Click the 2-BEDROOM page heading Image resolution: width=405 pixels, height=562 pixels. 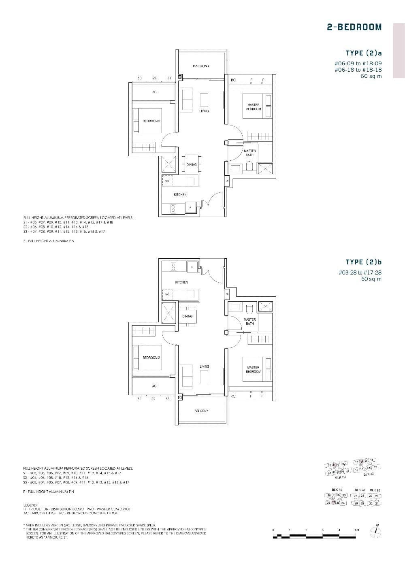pos(354,27)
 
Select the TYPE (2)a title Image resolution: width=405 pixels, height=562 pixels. pos(364,53)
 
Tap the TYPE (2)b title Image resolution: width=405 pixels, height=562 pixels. pos(364,262)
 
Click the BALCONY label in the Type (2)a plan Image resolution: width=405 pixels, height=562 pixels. pos(201,66)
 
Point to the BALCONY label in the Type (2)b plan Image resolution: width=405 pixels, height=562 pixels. pos(201,411)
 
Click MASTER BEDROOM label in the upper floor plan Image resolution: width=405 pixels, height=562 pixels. pos(254,107)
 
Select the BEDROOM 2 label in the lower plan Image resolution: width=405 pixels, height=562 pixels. pos(151,358)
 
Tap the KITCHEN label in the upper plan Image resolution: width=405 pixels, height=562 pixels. pos(180,195)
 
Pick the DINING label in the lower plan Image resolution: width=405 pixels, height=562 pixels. pos(187,316)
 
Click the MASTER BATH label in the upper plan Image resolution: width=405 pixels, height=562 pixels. pos(249,153)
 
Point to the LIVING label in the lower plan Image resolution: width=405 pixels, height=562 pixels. pos(204,366)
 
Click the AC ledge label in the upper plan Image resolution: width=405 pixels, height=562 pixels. pos(154,92)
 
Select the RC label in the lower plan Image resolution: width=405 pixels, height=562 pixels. pos(233,396)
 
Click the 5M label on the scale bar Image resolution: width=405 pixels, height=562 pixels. pos(356,530)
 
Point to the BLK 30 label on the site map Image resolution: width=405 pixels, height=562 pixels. pos(337,490)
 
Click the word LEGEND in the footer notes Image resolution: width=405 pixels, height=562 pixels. pos(31,505)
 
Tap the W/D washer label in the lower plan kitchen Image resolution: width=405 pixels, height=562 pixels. pos(167,294)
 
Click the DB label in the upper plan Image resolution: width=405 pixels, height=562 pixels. pos(227,181)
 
